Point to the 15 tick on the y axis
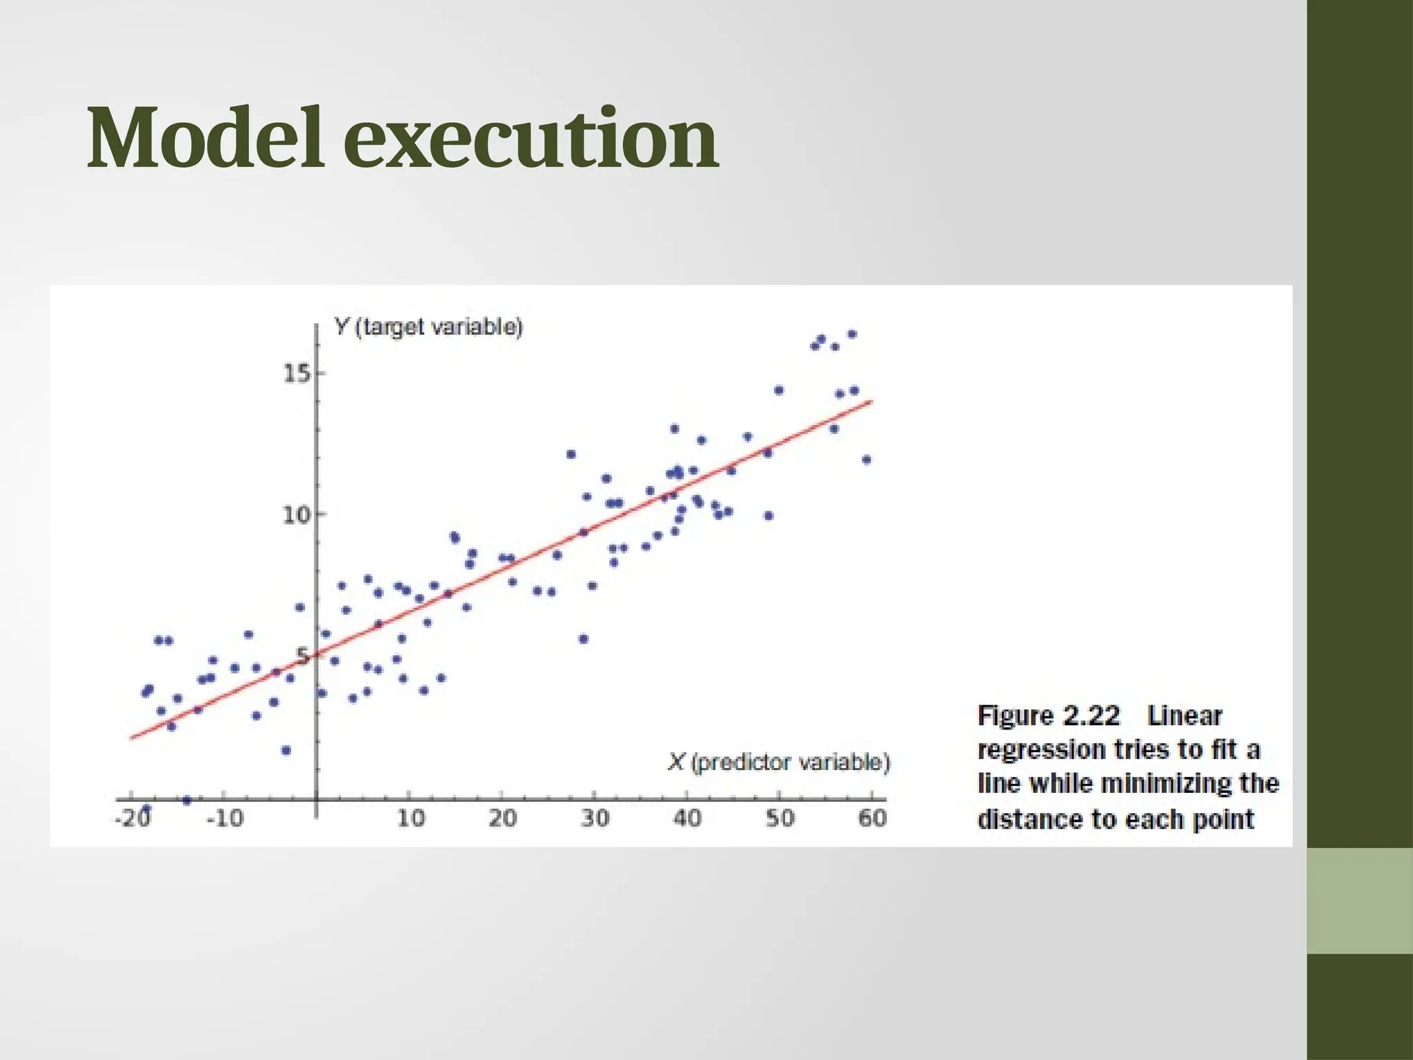[x=298, y=374]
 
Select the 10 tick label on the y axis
[x=297, y=515]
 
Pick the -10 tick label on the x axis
[x=226, y=818]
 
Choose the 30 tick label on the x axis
[x=595, y=818]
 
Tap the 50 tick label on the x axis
[x=780, y=818]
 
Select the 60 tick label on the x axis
[x=872, y=818]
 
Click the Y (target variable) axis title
[x=428, y=326]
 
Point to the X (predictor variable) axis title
[x=779, y=763]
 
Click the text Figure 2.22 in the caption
[x=1048, y=716]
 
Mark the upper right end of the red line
[x=872, y=401]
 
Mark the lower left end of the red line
[x=131, y=738]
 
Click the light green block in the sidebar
[x=1359, y=901]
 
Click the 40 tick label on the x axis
[x=687, y=818]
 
